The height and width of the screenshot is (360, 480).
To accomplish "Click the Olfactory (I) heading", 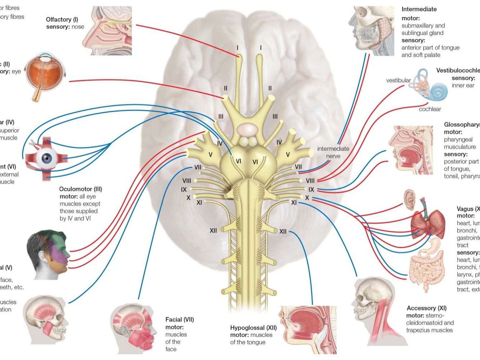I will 62,19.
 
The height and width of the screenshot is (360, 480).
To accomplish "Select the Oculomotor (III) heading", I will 81,189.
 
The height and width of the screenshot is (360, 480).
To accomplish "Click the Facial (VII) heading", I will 179,319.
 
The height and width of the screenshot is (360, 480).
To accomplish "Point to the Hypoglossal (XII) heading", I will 254,328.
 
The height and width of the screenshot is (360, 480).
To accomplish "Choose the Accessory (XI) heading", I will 426,308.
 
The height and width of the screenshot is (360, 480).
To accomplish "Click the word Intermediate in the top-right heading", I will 419,9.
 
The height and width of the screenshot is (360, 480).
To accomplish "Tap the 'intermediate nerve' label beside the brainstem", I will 333,152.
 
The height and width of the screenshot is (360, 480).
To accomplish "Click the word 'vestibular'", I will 398,80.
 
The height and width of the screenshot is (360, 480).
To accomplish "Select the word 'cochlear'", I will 430,109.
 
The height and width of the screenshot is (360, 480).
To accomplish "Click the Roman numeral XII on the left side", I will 213,230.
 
